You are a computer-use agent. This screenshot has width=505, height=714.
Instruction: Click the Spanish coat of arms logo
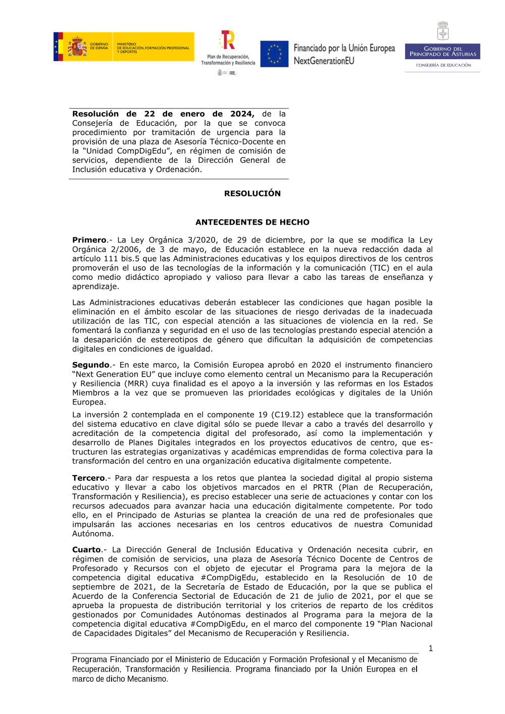[x=77, y=47]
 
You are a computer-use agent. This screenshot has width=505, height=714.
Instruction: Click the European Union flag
[x=274, y=54]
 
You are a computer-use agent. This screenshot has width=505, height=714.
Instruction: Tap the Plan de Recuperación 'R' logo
[x=228, y=40]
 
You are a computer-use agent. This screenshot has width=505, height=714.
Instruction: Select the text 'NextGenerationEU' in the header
[x=324, y=61]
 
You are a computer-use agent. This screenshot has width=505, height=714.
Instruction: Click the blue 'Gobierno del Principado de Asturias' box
[x=442, y=52]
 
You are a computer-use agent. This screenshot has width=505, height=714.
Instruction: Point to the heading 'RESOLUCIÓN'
[x=252, y=193]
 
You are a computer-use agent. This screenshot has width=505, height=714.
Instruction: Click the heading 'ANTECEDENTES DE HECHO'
[x=252, y=222]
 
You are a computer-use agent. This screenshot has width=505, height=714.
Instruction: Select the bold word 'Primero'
[x=89, y=240]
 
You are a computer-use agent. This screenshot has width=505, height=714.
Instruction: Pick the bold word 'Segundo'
[x=91, y=365]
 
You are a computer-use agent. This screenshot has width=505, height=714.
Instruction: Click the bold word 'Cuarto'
[x=87, y=550]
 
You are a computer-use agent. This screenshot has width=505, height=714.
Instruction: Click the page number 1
[x=430, y=648]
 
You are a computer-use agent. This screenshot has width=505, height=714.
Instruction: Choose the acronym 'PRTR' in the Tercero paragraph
[x=323, y=488]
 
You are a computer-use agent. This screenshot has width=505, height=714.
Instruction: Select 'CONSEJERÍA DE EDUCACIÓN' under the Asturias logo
[x=443, y=65]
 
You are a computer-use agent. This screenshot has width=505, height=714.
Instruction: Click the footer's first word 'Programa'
[x=89, y=659]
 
